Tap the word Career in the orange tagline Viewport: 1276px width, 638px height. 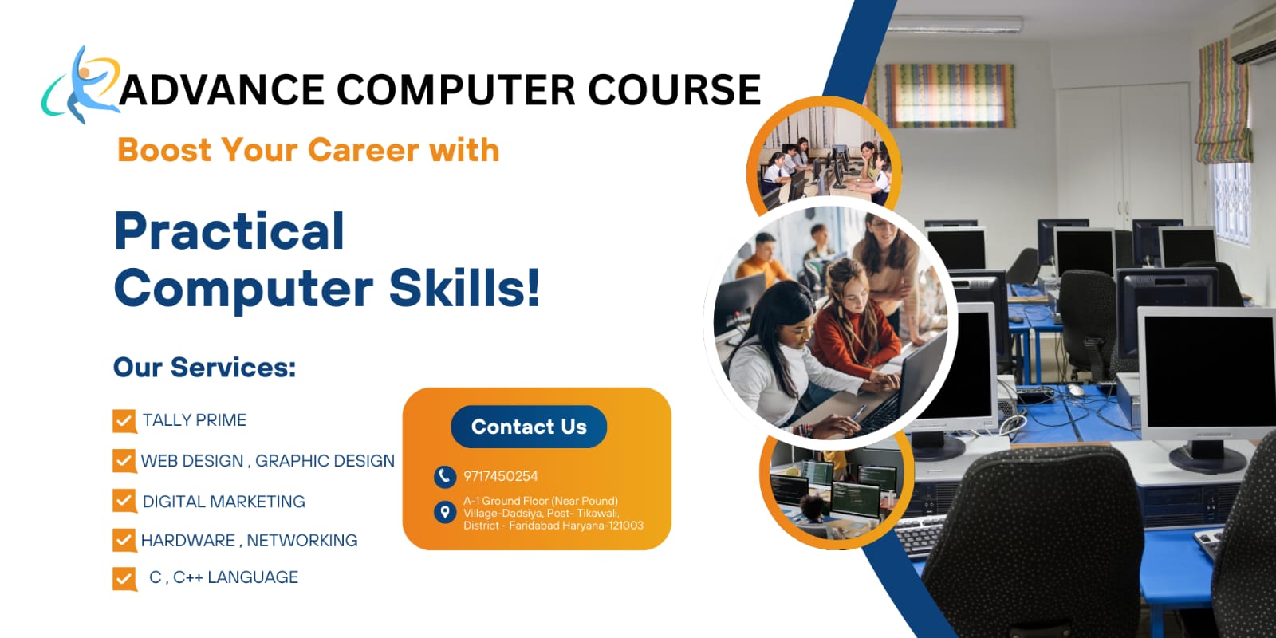pos(363,150)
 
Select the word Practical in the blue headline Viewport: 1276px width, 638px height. pos(230,231)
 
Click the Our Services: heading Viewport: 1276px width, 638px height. pos(204,367)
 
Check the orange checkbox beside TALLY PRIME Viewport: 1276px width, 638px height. pos(124,420)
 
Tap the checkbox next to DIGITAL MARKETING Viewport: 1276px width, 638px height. pos(124,501)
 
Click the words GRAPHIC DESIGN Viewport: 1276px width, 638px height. pos(325,461)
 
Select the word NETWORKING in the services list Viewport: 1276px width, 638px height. pos(302,541)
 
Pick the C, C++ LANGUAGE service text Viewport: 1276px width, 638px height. pos(223,577)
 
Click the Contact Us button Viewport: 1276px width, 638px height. pos(529,427)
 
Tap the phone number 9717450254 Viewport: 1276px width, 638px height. pos(501,476)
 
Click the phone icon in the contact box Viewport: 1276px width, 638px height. pos(444,476)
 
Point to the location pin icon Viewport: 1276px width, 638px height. pos(444,512)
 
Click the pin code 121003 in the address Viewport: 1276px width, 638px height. pos(624,526)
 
